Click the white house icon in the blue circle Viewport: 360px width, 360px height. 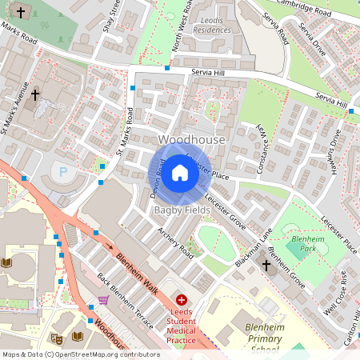point(180,172)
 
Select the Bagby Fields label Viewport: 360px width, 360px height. point(182,210)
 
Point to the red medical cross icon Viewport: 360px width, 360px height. point(181,298)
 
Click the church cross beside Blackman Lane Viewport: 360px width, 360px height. point(266,265)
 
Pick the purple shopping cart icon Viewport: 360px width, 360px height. point(102,301)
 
